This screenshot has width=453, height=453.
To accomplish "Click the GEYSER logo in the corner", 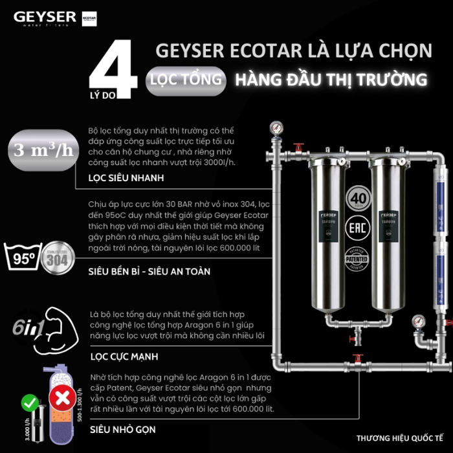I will pos(45,17).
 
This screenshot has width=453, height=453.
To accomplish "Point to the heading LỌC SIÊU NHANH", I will pos(126,177).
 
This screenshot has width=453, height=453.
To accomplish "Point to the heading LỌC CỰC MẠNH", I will pos(123,356).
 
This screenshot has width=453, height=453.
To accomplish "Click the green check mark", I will pos(28,403).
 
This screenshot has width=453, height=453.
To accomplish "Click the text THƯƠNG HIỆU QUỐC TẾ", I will pos(399,437).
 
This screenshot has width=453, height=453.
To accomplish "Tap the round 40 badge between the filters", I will pos(359,197).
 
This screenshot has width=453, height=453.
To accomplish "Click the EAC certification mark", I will pos(359,228).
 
